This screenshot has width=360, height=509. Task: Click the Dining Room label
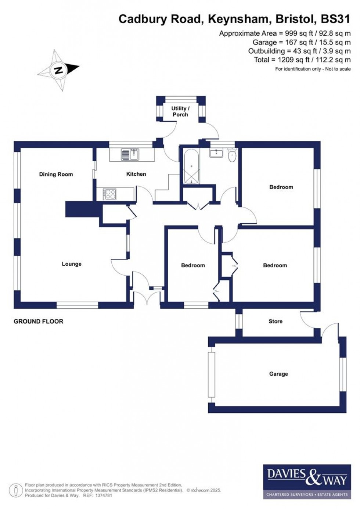pos(56,174)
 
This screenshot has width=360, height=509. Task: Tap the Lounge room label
pos(71,264)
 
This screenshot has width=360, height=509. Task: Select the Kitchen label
pos(136,174)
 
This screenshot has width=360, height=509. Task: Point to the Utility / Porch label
pos(180,111)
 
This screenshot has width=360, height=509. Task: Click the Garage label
pos(278,374)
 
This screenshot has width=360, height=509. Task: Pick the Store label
pos(276,321)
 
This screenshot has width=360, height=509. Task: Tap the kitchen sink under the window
pos(130,155)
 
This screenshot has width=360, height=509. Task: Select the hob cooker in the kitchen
pos(110,194)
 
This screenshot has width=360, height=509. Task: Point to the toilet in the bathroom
pos(232,156)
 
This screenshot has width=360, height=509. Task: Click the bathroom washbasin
pos(216,153)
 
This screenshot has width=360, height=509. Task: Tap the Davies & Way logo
pos(307,481)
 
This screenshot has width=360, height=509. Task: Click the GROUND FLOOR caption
pos(38,321)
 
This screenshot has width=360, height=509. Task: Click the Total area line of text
pos(302,60)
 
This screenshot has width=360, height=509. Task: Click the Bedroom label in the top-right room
pos(281,187)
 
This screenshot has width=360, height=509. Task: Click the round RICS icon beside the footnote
pos(16,490)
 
